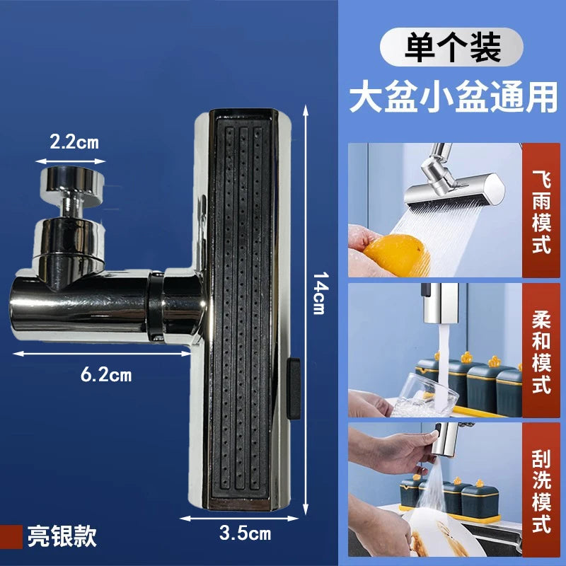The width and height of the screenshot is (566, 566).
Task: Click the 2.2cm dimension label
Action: click(74, 142)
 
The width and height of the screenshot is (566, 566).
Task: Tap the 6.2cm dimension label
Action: click(106, 375)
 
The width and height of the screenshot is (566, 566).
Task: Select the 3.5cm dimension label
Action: click(245, 533)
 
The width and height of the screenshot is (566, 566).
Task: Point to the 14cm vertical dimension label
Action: click(320, 293)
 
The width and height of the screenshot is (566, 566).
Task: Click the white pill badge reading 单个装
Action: click(451, 47)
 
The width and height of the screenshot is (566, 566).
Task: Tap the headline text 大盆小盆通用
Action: click(454, 98)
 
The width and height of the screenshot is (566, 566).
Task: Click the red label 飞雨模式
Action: click(541, 210)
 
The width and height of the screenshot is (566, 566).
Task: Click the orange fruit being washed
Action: click(396, 255)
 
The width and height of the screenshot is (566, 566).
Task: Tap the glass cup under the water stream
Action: click(424, 396)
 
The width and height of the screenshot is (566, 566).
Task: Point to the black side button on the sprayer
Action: click(294, 388)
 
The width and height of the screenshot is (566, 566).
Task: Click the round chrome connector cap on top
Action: click(71, 183)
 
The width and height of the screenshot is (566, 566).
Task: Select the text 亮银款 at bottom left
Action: click(62, 536)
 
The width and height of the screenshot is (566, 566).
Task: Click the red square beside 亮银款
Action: click(11, 537)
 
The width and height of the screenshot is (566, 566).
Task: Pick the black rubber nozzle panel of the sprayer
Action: click(241, 308)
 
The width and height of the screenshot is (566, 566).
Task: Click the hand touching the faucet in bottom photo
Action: click(397, 453)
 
